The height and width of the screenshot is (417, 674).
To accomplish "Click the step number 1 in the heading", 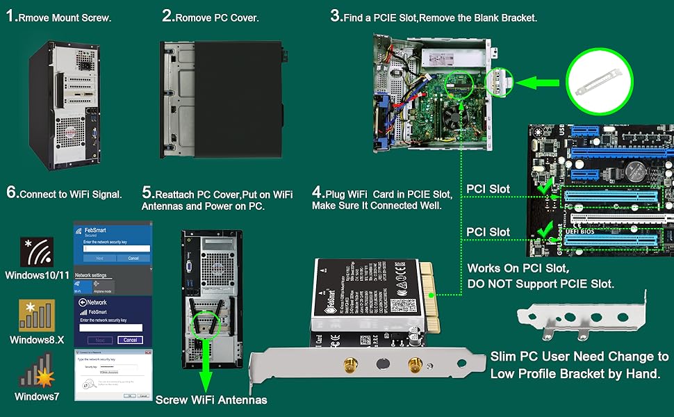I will click(11, 17).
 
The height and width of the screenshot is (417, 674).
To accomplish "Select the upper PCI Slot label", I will click(488, 189).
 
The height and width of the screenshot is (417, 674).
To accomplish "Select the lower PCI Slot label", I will click(488, 232).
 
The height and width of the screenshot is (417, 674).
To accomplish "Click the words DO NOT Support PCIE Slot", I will click(541, 284).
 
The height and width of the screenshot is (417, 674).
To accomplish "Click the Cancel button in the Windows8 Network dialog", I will click(129, 340).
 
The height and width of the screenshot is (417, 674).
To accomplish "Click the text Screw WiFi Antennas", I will click(211, 400).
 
